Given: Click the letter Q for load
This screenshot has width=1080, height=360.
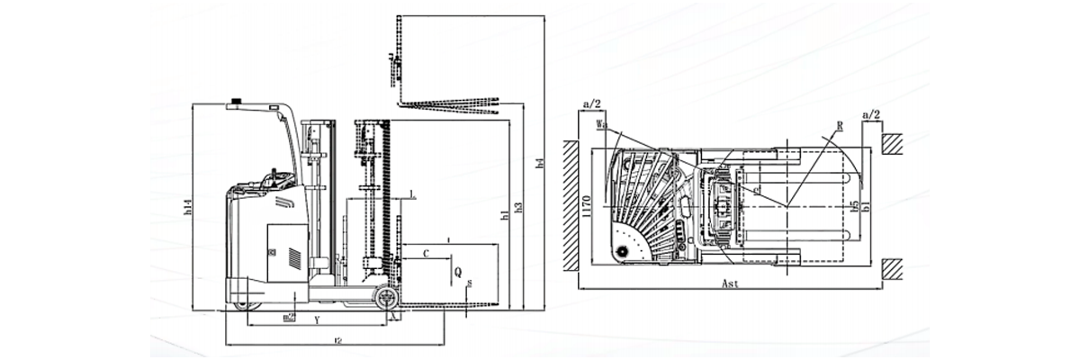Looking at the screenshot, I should (x=458, y=270).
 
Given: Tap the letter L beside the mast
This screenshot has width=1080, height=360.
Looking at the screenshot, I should (x=411, y=193).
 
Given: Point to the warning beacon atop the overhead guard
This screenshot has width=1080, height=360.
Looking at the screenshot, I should (x=237, y=101).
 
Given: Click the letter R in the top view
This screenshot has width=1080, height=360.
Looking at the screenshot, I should (x=839, y=127).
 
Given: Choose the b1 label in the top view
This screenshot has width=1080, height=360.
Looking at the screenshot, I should (x=866, y=207).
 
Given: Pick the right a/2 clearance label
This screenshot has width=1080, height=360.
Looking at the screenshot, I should (x=870, y=115).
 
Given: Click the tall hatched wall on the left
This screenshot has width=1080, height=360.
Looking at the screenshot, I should (x=571, y=206).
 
